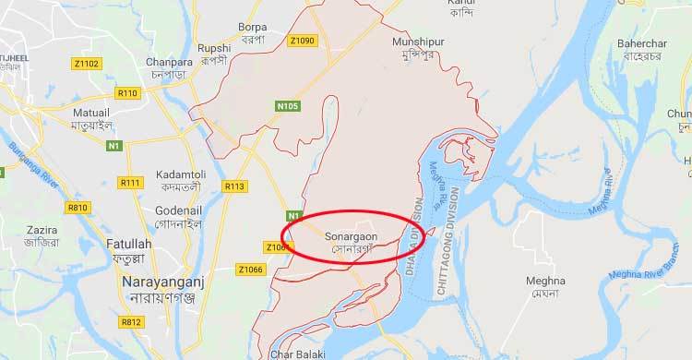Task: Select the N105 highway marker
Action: [x=289, y=108]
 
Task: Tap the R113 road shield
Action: [x=234, y=186]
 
